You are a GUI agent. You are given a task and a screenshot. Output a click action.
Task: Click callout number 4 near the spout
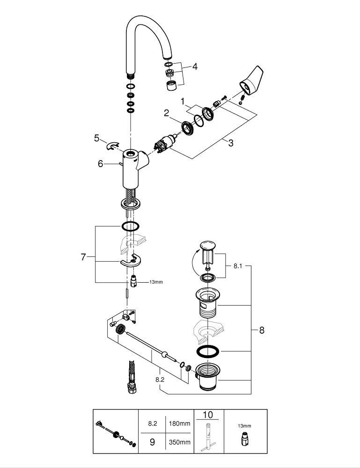pyautogui.click(x=194, y=66)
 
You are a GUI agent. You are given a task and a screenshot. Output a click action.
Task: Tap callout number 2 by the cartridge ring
pyautogui.click(x=166, y=113)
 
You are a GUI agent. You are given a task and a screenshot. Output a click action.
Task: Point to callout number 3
pyautogui.click(x=230, y=143)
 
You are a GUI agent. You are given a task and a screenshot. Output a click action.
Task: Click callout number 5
pyautogui.click(x=97, y=138)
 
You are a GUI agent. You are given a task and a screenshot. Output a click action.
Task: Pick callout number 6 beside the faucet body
pyautogui.click(x=100, y=163)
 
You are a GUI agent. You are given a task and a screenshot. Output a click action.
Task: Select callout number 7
pyautogui.click(x=83, y=257)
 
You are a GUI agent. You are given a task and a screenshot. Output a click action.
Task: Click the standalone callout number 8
pyautogui.click(x=262, y=330)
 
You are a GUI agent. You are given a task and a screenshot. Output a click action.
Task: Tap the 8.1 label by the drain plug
pyautogui.click(x=238, y=265)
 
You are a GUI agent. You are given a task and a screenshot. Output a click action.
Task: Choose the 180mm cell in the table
pyautogui.click(x=181, y=424)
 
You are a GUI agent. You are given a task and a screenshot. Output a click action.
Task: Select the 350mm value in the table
pyautogui.click(x=181, y=442)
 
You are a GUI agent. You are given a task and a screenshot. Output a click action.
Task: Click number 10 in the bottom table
pyautogui.click(x=207, y=415)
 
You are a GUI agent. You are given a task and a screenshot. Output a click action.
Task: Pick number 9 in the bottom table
pyautogui.click(x=152, y=442)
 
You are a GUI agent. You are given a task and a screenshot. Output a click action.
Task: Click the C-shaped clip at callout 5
pyautogui.click(x=113, y=146)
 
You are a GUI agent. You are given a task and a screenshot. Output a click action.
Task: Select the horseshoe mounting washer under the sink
pyautogui.click(x=132, y=261)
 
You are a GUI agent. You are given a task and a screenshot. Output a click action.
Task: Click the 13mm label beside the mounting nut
pyautogui.click(x=156, y=282)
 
